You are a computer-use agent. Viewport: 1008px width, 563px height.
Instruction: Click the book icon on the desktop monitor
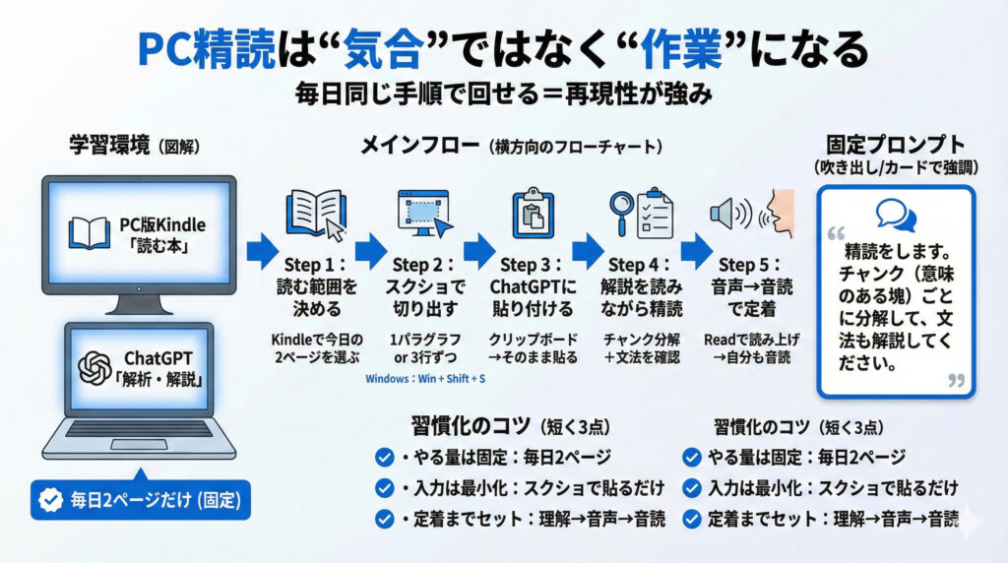89,232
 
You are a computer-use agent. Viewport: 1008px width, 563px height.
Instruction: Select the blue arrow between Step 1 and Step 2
371,251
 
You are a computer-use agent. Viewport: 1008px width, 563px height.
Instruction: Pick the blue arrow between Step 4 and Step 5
696,251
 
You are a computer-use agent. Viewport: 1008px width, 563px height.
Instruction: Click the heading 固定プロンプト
895,145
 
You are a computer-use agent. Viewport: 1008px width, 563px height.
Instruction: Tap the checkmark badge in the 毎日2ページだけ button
49,500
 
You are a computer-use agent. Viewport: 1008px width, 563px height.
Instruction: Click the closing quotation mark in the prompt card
954,381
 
